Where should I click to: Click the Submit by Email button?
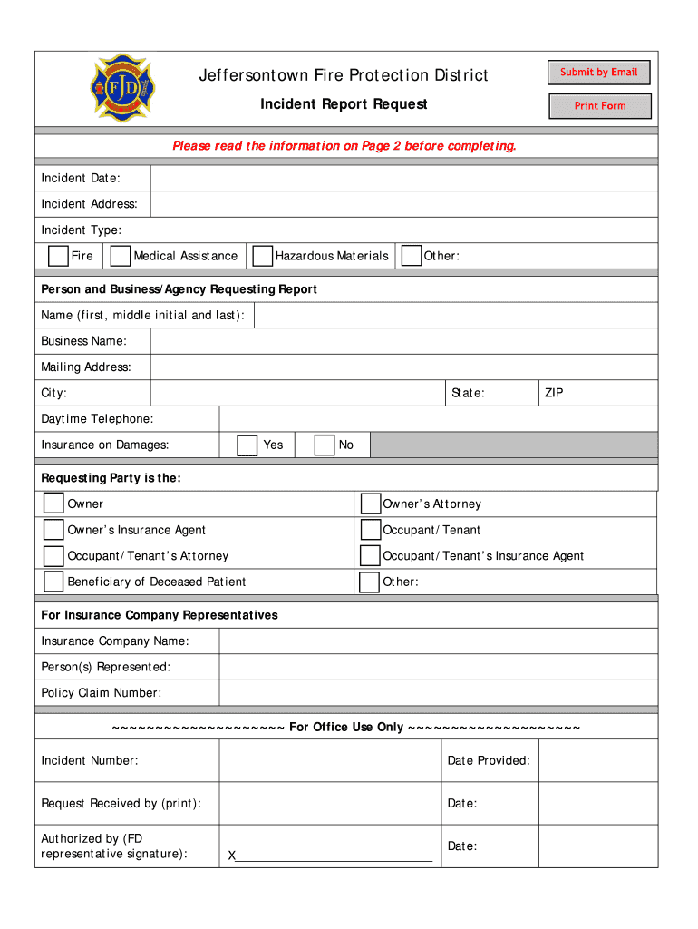pos(598,73)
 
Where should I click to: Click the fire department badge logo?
pos(124,87)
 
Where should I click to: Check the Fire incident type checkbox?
pos(58,256)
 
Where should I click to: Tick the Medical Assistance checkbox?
pos(120,256)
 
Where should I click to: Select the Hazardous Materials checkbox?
pos(262,256)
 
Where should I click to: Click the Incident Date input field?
pos(403,179)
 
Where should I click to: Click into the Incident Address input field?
pos(403,204)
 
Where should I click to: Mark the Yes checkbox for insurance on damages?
pos(247,445)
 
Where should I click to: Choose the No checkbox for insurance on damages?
pos(325,445)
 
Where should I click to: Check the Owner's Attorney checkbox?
pos(370,504)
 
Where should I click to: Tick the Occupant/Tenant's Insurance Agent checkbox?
pos(370,556)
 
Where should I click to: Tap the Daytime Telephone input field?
pos(438,419)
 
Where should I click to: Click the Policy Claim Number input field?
pos(438,693)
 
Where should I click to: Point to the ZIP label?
pos(554,394)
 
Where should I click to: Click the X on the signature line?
pos(232,856)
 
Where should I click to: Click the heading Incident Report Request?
pos(344,104)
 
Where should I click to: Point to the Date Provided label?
pos(489,761)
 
